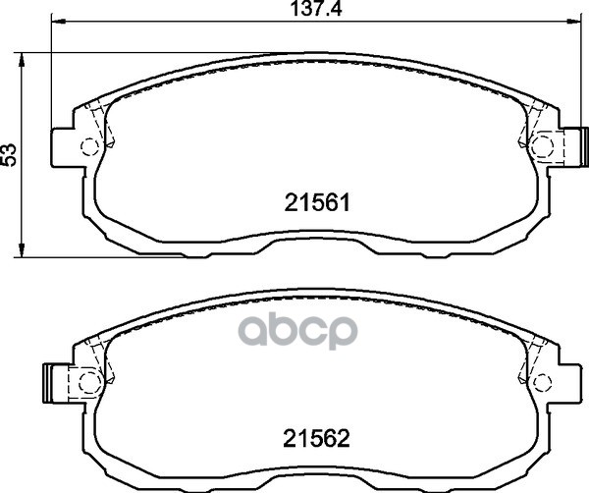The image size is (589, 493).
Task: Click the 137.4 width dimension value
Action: click(x=317, y=8)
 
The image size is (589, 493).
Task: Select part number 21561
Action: click(x=317, y=203)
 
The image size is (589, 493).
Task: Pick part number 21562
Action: click(x=317, y=439)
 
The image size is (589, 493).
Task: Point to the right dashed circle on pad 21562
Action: click(x=542, y=383)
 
